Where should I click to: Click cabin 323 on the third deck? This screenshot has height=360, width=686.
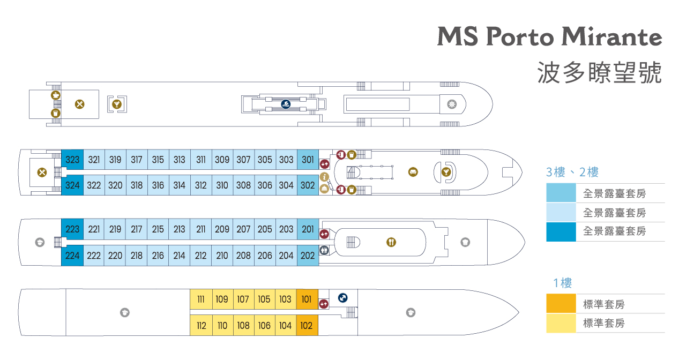72,160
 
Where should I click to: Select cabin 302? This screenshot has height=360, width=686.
308,185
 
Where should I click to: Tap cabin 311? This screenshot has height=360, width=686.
201,160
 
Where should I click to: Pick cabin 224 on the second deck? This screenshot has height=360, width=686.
72,256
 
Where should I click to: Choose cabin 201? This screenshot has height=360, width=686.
308,229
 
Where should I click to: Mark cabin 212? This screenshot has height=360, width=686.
201,256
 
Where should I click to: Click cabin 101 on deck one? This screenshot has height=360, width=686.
307,299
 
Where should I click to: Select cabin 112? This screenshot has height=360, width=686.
201,325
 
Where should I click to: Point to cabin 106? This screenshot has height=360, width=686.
264,325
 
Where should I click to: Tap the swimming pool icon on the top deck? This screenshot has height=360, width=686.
286,104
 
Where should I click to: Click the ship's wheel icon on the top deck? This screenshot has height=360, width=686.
451,104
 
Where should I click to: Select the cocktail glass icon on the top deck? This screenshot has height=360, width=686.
116,104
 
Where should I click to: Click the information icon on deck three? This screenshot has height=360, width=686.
324,177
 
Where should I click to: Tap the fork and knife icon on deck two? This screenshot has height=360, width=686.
391,242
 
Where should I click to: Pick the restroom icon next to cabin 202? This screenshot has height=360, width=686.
324,250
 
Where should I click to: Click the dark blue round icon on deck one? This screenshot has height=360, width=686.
343,298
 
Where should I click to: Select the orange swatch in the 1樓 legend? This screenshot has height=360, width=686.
561,304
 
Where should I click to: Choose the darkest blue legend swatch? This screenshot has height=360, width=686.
561,231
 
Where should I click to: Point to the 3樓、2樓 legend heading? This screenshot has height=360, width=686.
572,172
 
